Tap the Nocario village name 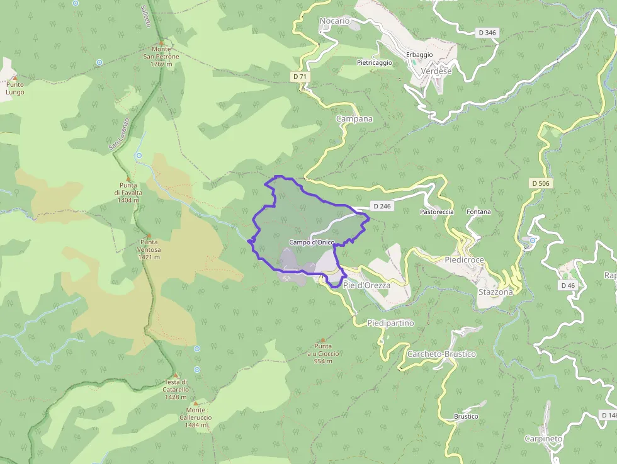click(334, 21)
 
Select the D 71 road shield click(300, 76)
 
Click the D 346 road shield click(487, 32)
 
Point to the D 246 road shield click(382, 206)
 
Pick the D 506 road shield click(541, 183)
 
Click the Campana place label click(354, 118)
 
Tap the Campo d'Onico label click(312, 242)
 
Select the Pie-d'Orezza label click(367, 285)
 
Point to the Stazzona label click(495, 292)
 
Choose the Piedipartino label click(390, 323)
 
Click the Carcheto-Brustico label click(441, 354)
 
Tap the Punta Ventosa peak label click(149, 249)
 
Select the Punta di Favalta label click(128, 193)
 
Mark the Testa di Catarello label click(176, 389)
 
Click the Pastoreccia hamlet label click(437, 212)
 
